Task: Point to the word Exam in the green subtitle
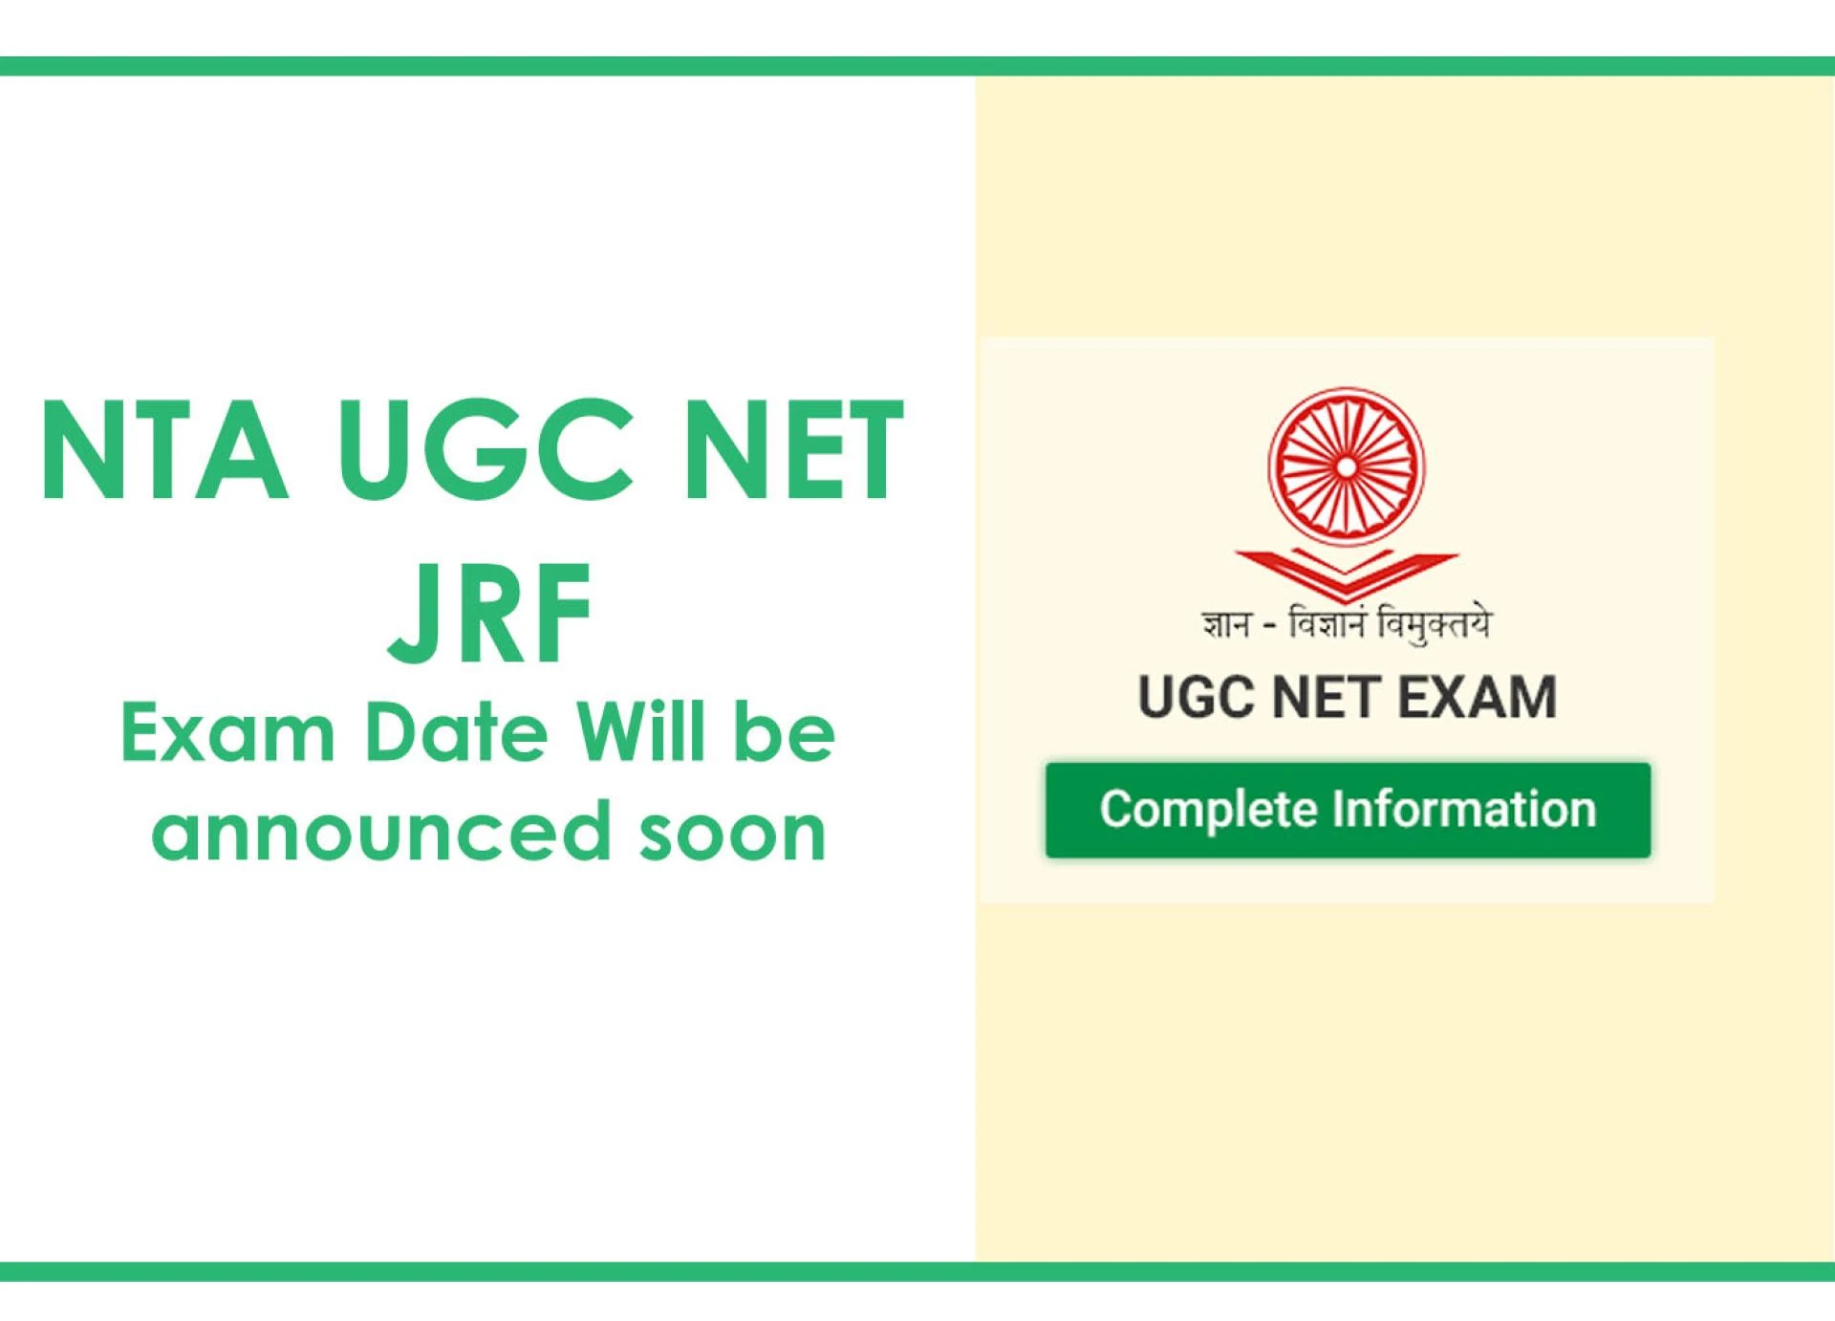[x=227, y=733]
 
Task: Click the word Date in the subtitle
[x=457, y=733]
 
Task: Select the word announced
[x=380, y=831]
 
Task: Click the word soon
[x=732, y=833]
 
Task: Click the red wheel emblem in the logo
[x=1346, y=466]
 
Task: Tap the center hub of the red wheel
[x=1346, y=466]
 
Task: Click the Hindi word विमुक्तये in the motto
[x=1433, y=625]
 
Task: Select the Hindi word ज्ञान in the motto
[x=1226, y=625]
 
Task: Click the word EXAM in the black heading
[x=1478, y=697]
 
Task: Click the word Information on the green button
[x=1464, y=809]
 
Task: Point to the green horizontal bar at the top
[x=917, y=66]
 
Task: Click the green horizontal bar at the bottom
[x=917, y=1271]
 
